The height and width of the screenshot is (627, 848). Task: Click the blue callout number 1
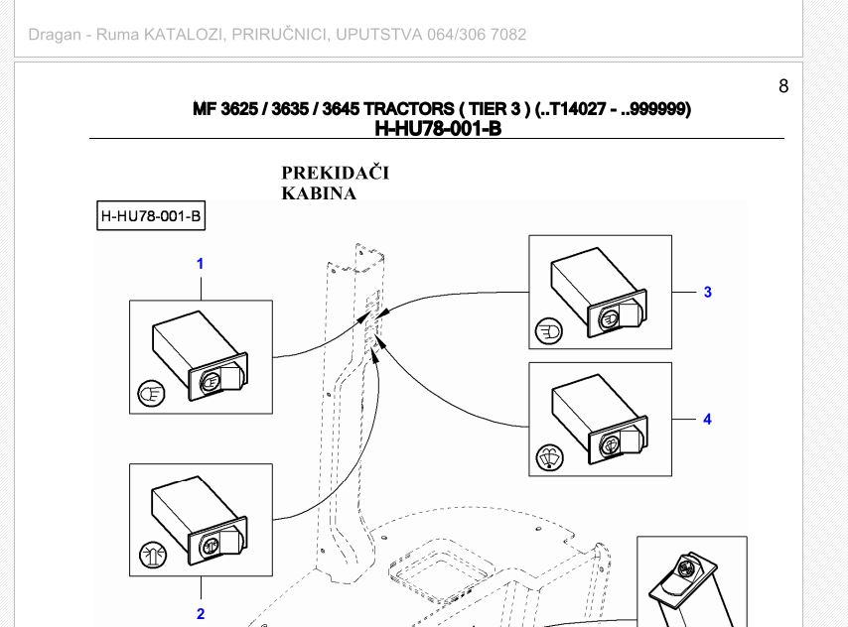[201, 264]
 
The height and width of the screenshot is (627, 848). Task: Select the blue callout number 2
[201, 614]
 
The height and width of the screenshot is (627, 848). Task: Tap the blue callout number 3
[707, 292]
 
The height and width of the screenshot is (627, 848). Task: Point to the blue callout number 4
[707, 419]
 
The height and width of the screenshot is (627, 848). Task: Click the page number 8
[783, 86]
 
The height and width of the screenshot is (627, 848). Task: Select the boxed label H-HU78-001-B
[151, 216]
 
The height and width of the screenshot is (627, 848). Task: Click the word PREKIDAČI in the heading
[336, 173]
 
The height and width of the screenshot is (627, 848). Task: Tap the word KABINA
[319, 193]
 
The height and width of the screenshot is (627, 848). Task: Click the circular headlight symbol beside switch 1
[151, 394]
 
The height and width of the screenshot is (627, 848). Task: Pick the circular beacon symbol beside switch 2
[153, 555]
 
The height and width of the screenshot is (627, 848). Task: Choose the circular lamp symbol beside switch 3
[549, 331]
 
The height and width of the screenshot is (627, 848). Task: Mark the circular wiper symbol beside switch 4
[549, 457]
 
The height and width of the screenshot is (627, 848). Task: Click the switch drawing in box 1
[201, 355]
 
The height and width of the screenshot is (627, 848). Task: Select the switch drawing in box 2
[201, 519]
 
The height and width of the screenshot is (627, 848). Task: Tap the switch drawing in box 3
[599, 293]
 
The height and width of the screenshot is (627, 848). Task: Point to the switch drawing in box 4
[599, 420]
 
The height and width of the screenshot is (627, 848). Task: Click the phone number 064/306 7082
[477, 35]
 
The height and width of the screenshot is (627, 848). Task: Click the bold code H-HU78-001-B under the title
[438, 129]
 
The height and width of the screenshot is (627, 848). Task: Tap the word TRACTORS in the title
[408, 109]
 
